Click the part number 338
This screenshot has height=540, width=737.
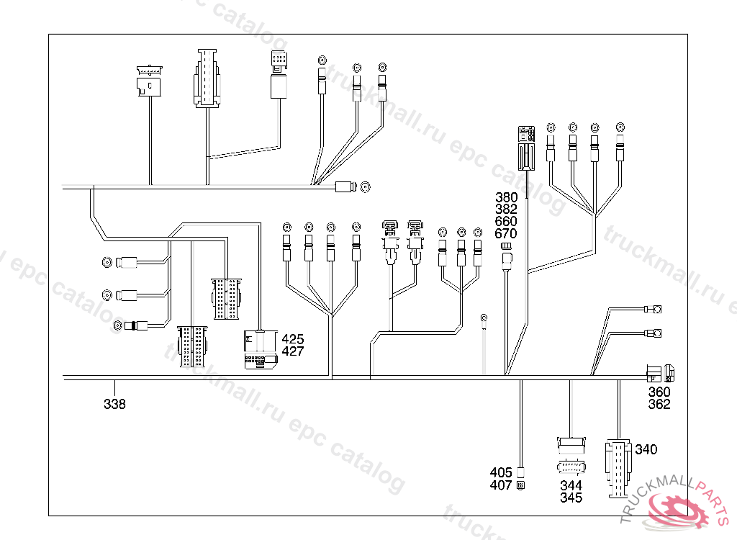point(114,405)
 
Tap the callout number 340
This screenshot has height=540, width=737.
point(646,450)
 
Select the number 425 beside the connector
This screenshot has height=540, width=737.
point(293,339)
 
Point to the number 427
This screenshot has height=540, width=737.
point(293,351)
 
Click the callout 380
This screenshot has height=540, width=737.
point(506,197)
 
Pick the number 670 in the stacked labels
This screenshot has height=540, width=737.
point(506,234)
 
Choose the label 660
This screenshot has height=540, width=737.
point(506,222)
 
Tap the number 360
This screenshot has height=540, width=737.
point(659,392)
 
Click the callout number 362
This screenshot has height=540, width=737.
point(659,405)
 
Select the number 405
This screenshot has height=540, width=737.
point(501,473)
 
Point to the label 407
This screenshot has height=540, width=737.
point(501,485)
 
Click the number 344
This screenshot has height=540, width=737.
point(571,486)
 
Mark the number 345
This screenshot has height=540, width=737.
point(571,498)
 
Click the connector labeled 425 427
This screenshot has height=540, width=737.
point(262,349)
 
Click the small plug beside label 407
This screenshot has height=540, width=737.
point(521,485)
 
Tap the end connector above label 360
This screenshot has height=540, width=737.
point(659,373)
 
